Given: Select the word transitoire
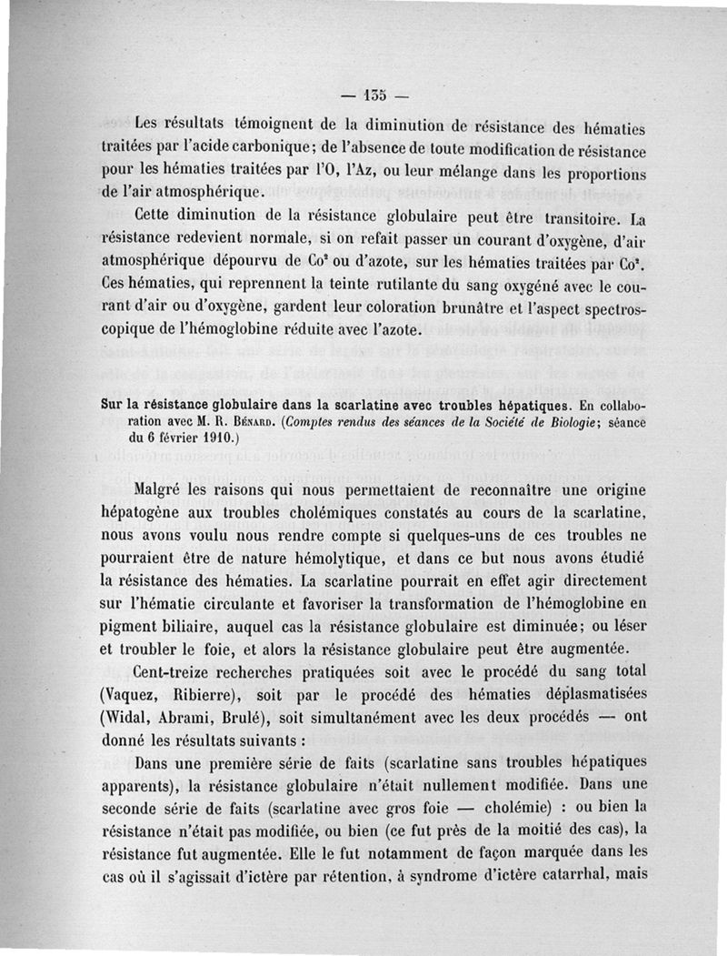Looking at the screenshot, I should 568,218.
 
